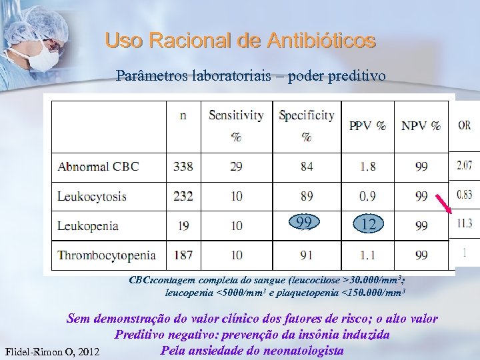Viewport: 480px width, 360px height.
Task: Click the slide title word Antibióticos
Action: pos(321,41)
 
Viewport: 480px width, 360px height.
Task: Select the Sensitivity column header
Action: pos(236,115)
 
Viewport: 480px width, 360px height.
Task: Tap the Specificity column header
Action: pos(307,115)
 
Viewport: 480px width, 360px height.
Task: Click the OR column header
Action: pos(465,125)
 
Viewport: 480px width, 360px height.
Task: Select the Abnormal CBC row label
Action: pos(98,167)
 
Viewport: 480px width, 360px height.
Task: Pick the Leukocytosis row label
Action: pos(91,197)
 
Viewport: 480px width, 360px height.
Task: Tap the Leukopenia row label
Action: pos(87,226)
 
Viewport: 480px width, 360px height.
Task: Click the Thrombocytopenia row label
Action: pos(107,255)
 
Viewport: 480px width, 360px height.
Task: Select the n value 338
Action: pos(183,167)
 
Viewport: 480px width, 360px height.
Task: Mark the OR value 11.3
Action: pos(464,223)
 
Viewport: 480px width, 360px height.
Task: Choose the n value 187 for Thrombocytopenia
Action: pos(183,255)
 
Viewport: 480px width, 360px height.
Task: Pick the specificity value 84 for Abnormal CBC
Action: pos(307,167)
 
